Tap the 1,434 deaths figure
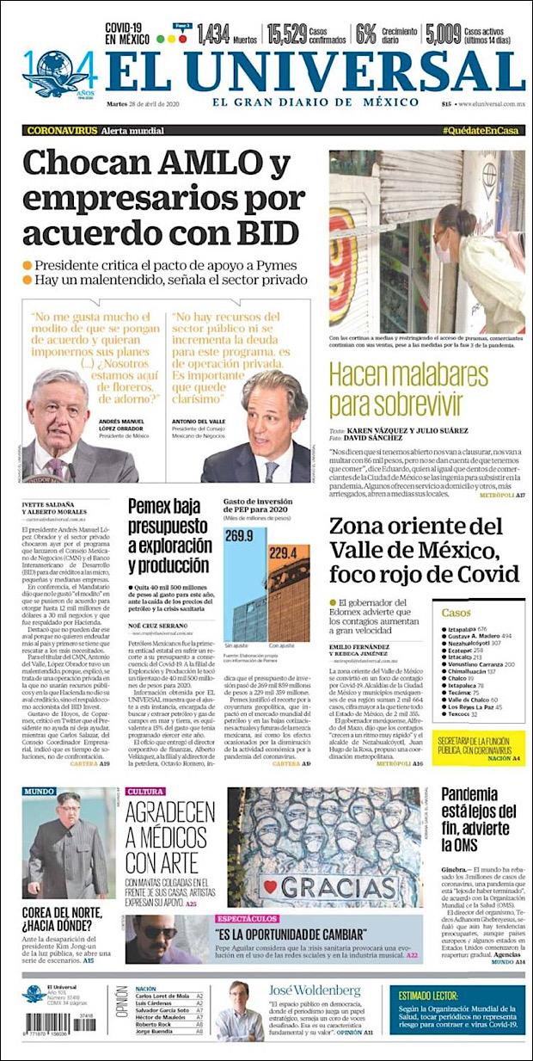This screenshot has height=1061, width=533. tap(214, 34)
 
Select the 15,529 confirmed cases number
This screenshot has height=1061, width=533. tap(286, 34)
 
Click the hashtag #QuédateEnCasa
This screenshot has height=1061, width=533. tap(481, 130)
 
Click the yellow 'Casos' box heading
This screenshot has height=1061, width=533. tap(456, 612)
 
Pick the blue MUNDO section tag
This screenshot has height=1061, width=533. tap(40, 792)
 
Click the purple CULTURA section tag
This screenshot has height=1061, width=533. tap(145, 792)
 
